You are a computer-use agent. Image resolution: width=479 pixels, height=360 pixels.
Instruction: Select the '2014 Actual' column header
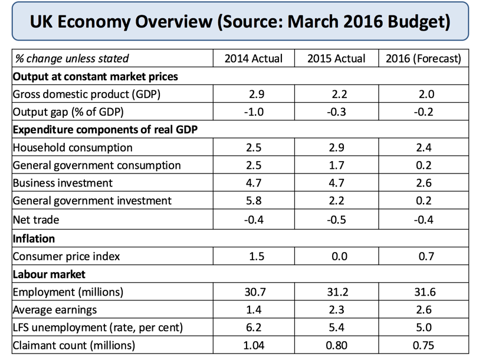click(254, 58)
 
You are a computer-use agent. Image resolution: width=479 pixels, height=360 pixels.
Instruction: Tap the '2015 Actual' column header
click(336, 58)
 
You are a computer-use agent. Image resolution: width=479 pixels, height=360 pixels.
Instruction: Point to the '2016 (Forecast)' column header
click(423, 58)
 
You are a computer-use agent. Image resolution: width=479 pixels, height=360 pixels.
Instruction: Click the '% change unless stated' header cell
click(72, 58)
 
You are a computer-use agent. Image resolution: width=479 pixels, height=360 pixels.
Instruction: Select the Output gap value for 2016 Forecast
click(425, 112)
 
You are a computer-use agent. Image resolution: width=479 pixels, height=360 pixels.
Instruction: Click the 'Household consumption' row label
click(73, 148)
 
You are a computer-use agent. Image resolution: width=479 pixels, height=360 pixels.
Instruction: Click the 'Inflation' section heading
click(34, 239)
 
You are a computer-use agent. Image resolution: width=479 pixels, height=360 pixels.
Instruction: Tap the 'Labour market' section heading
click(49, 274)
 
